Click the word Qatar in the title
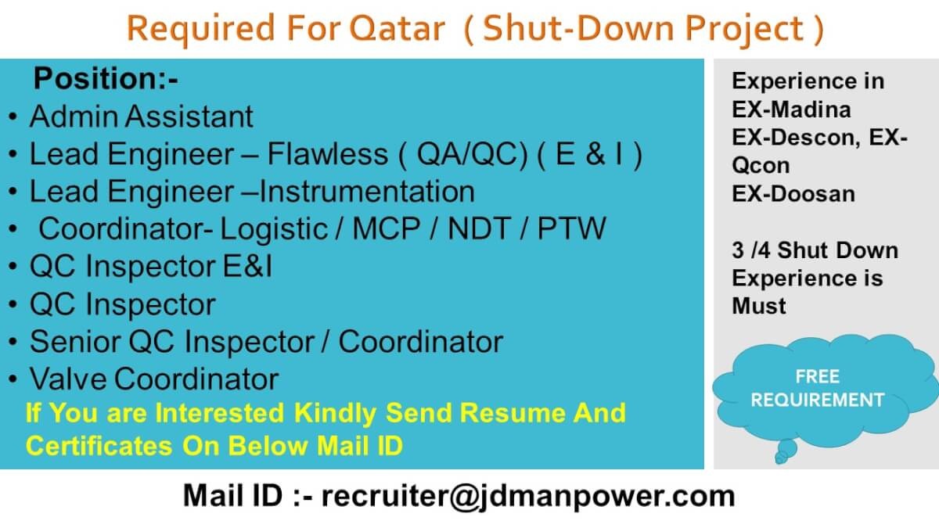pyautogui.click(x=397, y=28)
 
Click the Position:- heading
pyautogui.click(x=106, y=78)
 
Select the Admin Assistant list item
pyautogui.click(x=142, y=116)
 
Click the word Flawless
pyautogui.click(x=327, y=154)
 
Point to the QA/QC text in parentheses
pyautogui.click(x=472, y=154)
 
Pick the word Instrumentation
pyautogui.click(x=367, y=192)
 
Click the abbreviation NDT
pyautogui.click(x=479, y=228)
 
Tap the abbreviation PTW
pyautogui.click(x=571, y=228)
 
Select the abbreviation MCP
pyautogui.click(x=386, y=228)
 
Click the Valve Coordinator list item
pyautogui.click(x=154, y=379)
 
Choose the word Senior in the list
pyautogui.click(x=75, y=342)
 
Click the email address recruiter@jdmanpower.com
pyautogui.click(x=528, y=496)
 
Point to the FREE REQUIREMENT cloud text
pyautogui.click(x=818, y=388)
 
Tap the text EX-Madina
pyautogui.click(x=791, y=110)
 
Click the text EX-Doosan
pyautogui.click(x=793, y=194)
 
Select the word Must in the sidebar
pyautogui.click(x=759, y=306)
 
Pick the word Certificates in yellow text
pyautogui.click(x=99, y=445)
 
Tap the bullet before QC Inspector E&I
pyautogui.click(x=13, y=267)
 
